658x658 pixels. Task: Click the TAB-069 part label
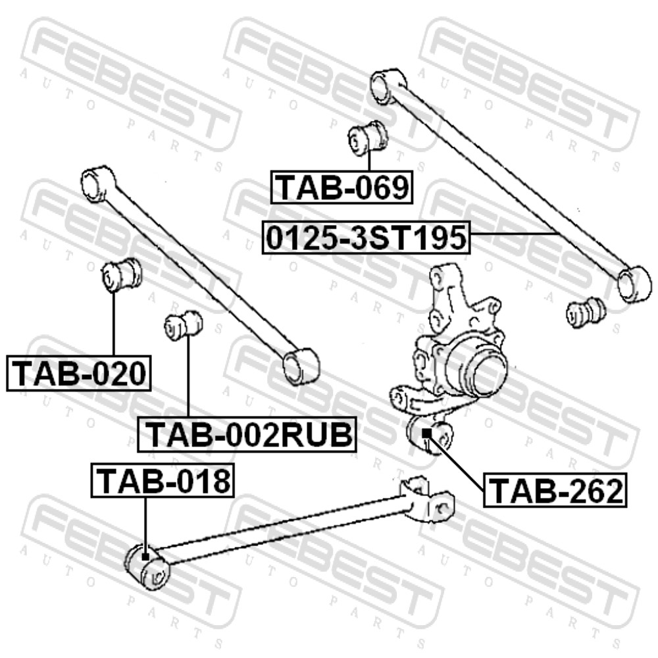[x=342, y=187]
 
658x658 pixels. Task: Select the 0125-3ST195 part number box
[x=366, y=237]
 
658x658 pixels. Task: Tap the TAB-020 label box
[x=78, y=373]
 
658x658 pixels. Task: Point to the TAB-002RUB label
[x=247, y=434]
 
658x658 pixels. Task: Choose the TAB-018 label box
[x=163, y=480]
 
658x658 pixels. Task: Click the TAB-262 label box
[x=555, y=490]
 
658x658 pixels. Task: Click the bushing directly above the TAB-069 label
[x=368, y=138]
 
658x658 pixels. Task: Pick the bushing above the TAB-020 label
[x=121, y=274]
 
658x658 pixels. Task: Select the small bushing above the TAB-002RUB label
[x=184, y=325]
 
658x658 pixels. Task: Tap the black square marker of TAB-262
[x=426, y=433]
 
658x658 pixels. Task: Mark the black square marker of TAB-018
[x=145, y=557]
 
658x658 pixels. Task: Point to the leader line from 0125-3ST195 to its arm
[x=514, y=234]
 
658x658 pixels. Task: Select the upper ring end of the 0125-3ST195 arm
[x=388, y=86]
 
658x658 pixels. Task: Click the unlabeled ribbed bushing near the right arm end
[x=586, y=312]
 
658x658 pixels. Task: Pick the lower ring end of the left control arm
[x=301, y=367]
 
